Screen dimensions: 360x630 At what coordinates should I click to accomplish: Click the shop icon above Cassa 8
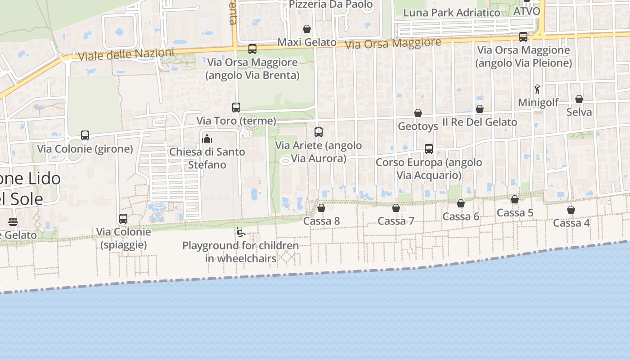[321, 208]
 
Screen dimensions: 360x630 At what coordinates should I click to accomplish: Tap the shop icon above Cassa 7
[396, 208]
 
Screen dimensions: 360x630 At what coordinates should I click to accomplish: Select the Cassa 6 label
[461, 216]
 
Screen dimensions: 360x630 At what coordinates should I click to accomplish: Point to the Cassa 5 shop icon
[515, 199]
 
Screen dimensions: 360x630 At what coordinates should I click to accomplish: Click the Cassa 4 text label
[571, 223]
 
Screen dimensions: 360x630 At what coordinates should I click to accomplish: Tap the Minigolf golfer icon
[537, 89]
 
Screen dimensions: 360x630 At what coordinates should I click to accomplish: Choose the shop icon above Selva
[579, 99]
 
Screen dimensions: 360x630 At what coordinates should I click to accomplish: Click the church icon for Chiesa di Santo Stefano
[207, 139]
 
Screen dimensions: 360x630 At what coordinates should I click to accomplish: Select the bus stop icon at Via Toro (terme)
[236, 108]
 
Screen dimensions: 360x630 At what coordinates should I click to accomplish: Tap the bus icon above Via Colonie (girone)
[85, 135]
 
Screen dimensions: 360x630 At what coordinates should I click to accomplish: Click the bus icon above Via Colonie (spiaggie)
[123, 219]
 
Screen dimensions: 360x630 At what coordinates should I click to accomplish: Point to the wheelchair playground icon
[240, 232]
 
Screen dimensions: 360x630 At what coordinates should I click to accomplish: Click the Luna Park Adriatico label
[452, 13]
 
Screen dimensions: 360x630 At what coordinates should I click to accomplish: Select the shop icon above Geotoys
[418, 113]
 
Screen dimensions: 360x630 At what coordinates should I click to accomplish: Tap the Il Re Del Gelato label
[480, 122]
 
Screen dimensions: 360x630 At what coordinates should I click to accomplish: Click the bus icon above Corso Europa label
[429, 149]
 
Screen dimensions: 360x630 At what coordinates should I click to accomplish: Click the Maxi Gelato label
[307, 42]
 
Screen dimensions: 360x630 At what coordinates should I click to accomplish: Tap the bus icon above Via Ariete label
[319, 132]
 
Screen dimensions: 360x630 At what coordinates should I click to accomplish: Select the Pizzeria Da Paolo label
[331, 4]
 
